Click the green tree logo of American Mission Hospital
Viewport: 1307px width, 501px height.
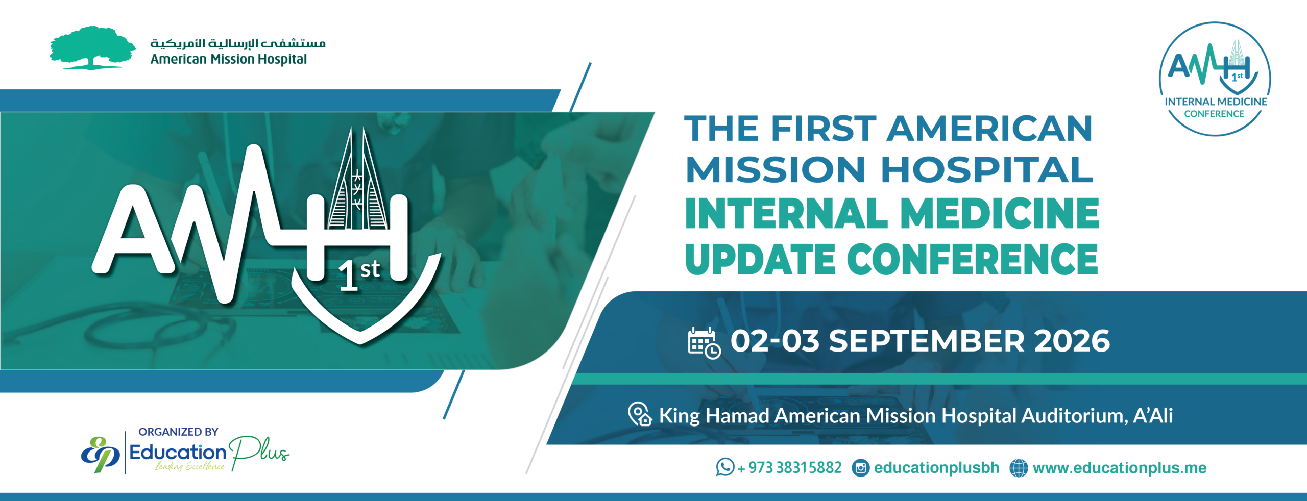click(x=92, y=47)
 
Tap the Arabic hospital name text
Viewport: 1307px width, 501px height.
click(x=238, y=43)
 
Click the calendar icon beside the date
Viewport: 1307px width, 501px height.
click(x=704, y=343)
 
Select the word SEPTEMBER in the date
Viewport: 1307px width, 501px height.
click(x=926, y=341)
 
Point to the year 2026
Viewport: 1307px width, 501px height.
click(x=1072, y=341)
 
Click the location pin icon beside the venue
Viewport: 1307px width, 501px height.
click(x=640, y=414)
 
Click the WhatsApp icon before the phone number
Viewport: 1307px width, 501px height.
click(x=725, y=467)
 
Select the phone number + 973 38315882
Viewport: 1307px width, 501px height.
click(x=789, y=467)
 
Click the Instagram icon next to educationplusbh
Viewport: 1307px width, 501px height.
click(x=861, y=468)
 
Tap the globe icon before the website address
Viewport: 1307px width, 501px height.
click(x=1019, y=468)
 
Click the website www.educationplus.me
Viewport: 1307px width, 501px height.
click(x=1120, y=468)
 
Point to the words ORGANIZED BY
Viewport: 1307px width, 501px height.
click(x=178, y=432)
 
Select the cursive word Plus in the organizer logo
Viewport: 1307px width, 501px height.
click(x=259, y=452)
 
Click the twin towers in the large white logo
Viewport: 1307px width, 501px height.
click(x=357, y=179)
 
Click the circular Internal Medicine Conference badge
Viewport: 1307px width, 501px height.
click(x=1215, y=79)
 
